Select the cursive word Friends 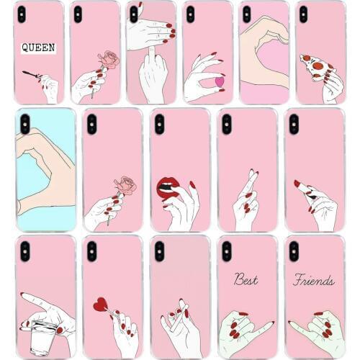313,280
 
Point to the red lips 168,188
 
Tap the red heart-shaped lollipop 100,304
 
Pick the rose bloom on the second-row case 127,185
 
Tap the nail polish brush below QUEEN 31,74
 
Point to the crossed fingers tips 252,176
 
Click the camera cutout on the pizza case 302,14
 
